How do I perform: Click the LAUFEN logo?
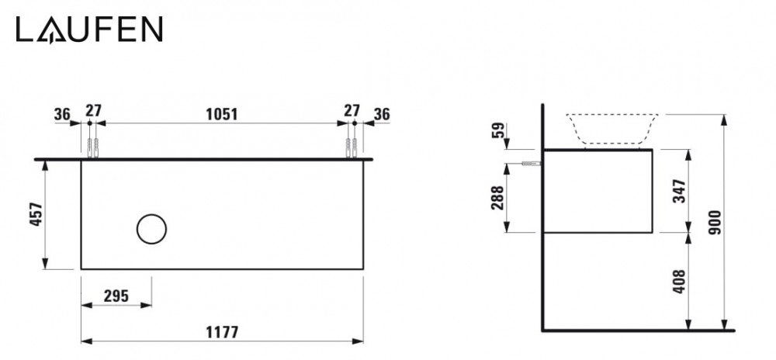click(89, 29)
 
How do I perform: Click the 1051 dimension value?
click(220, 113)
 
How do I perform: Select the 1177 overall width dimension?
click(222, 331)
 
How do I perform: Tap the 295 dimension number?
click(116, 295)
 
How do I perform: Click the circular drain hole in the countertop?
click(151, 228)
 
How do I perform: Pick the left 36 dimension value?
click(63, 113)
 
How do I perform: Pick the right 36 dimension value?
click(381, 113)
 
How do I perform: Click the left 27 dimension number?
click(93, 111)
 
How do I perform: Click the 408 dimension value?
click(678, 280)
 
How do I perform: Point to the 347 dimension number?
click(678, 189)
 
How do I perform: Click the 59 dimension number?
click(497, 130)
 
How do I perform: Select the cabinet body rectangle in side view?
click(597, 190)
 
